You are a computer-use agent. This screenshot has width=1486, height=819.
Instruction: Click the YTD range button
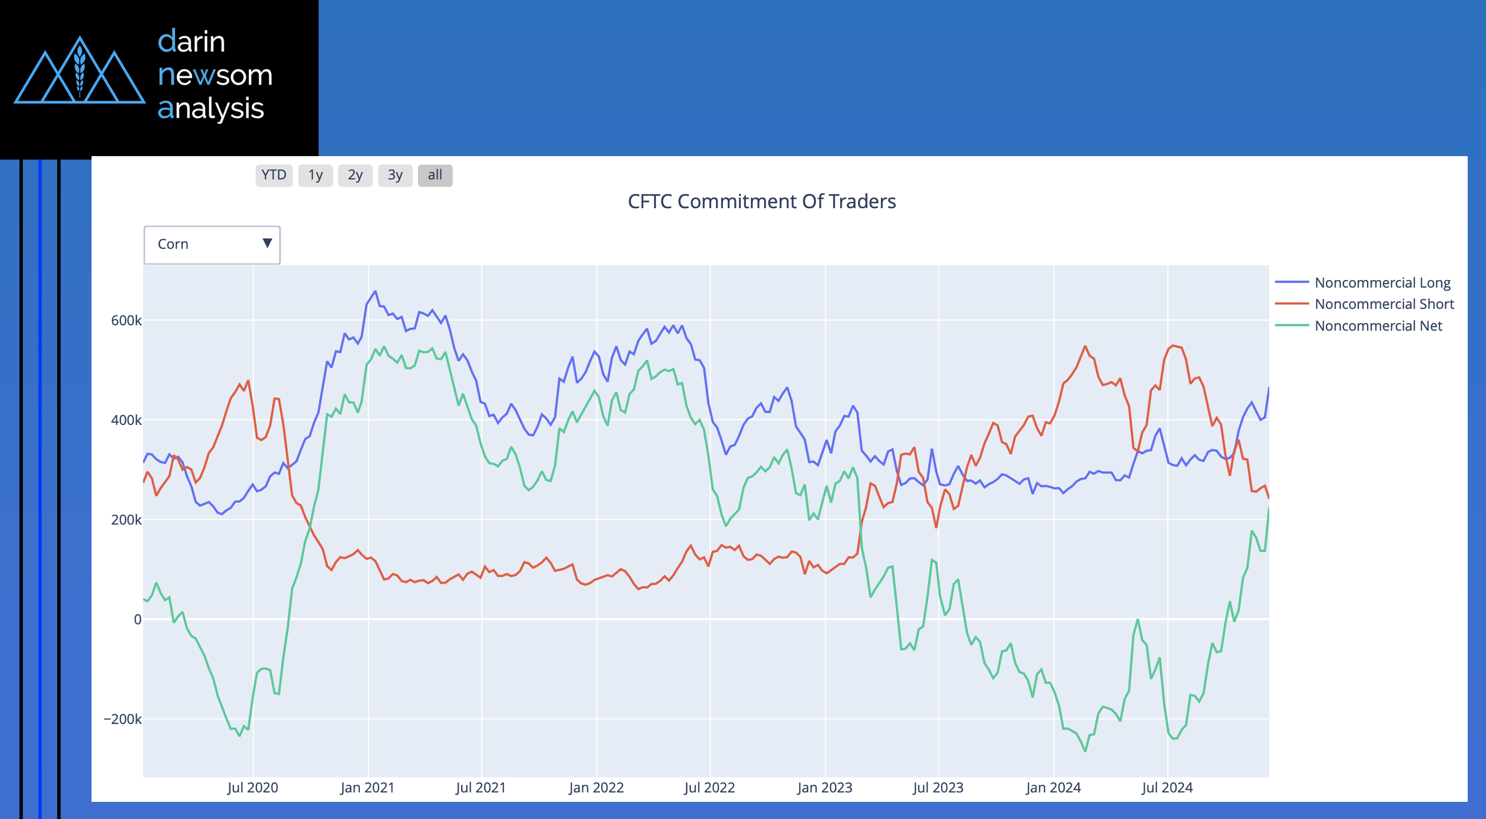(x=273, y=176)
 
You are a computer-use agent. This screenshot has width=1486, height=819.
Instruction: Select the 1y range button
(x=315, y=176)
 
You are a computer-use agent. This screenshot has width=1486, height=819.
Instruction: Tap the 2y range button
(x=355, y=176)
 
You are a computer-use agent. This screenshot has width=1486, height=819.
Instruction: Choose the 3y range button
(x=395, y=176)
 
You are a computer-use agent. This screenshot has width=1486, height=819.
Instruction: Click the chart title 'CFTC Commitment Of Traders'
(x=761, y=201)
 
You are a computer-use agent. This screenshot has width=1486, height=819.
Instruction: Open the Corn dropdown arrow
(x=267, y=244)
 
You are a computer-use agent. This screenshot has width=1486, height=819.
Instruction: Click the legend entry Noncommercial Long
(x=1382, y=283)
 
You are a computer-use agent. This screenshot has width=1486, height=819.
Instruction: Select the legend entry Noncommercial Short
(x=1384, y=304)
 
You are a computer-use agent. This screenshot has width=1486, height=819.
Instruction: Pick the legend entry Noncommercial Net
(x=1378, y=326)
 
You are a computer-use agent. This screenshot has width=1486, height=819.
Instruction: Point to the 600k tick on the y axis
(x=126, y=321)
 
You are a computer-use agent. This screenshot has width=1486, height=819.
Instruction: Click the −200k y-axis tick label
(x=122, y=719)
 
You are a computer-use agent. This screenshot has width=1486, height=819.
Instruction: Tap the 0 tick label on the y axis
(x=137, y=619)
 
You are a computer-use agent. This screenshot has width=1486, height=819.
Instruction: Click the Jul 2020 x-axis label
(x=253, y=788)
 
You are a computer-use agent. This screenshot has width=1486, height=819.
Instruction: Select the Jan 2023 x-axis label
(x=824, y=788)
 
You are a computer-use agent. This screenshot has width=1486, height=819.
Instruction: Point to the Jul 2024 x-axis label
(x=1167, y=788)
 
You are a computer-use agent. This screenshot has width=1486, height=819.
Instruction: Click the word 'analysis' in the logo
(x=210, y=109)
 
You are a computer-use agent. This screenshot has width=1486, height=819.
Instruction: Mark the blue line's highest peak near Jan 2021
(x=376, y=291)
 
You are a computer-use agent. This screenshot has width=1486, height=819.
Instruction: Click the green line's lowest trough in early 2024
(x=1085, y=751)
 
